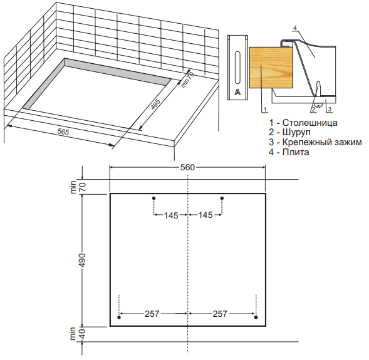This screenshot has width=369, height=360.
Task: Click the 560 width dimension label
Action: pyautogui.click(x=187, y=167)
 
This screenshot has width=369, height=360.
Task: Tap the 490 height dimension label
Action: pyautogui.click(x=83, y=260)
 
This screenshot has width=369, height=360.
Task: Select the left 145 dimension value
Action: pyautogui.click(x=171, y=215)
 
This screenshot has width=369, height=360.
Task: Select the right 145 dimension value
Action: pyautogui.click(x=205, y=215)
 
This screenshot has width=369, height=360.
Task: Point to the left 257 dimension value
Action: pyautogui.click(x=152, y=314)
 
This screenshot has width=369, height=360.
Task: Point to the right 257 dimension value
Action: pyautogui.click(x=220, y=314)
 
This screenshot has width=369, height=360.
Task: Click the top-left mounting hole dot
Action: pyautogui.click(x=154, y=198)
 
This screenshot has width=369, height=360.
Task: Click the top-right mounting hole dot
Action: pyautogui.click(x=222, y=198)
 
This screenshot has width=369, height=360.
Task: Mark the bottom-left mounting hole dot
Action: pyautogui.click(x=119, y=317)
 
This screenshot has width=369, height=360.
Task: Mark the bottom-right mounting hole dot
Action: pyautogui.click(x=256, y=317)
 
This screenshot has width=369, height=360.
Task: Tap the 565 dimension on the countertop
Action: pyautogui.click(x=63, y=132)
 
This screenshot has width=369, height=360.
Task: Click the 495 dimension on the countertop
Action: pyautogui.click(x=155, y=104)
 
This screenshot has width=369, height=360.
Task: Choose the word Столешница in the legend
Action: pyautogui.click(x=310, y=123)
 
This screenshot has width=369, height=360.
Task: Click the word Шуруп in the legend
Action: pyautogui.click(x=296, y=132)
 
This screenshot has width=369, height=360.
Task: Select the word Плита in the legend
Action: pyautogui.click(x=296, y=152)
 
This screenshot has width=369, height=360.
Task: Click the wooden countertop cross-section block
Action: pyautogui.click(x=271, y=68)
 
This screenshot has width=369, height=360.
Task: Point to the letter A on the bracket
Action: pyautogui.click(x=237, y=92)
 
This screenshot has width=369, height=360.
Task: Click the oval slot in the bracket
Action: pyautogui.click(x=237, y=68)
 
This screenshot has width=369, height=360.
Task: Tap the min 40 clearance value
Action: pyautogui.click(x=83, y=334)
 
